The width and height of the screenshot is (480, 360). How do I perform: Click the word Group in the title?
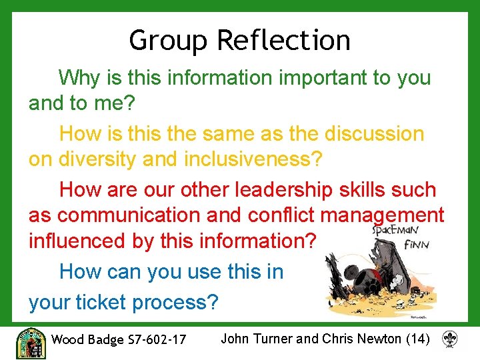point(169,41)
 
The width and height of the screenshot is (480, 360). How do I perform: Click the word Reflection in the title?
point(283,41)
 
